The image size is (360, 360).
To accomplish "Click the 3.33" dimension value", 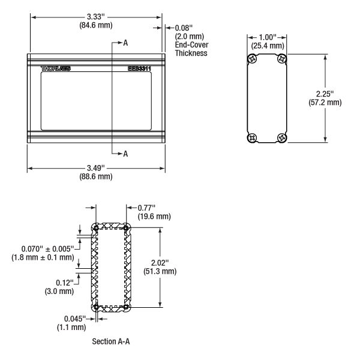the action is [x=96, y=17].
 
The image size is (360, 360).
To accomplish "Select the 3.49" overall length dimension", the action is [x=96, y=168].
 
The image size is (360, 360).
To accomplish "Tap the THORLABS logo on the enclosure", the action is [x=56, y=68].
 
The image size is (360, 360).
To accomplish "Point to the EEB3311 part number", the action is [x=139, y=68].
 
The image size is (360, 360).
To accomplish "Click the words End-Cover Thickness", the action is [x=191, y=49].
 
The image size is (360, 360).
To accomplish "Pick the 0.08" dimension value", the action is [x=184, y=28].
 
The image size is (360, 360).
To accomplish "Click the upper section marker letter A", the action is [x=125, y=43].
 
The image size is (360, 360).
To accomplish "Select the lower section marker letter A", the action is [x=125, y=154].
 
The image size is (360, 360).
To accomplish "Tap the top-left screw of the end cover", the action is [x=253, y=59].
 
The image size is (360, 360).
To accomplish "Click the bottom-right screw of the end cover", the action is [x=282, y=138].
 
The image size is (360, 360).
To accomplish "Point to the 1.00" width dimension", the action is [x=268, y=37].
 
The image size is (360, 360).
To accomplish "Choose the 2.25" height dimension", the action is [x=325, y=94].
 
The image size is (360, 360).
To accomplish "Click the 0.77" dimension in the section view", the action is [x=146, y=208].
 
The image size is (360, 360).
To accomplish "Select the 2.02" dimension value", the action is [x=160, y=263].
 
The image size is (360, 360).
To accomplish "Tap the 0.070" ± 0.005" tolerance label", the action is [x=48, y=248].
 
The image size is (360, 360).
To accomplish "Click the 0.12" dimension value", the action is [x=65, y=283].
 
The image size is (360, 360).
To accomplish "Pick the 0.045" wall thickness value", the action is [x=75, y=319].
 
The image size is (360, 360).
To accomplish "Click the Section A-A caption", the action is [x=111, y=341].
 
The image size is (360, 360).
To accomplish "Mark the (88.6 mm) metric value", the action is [x=96, y=176].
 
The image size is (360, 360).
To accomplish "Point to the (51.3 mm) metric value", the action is [x=160, y=271].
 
